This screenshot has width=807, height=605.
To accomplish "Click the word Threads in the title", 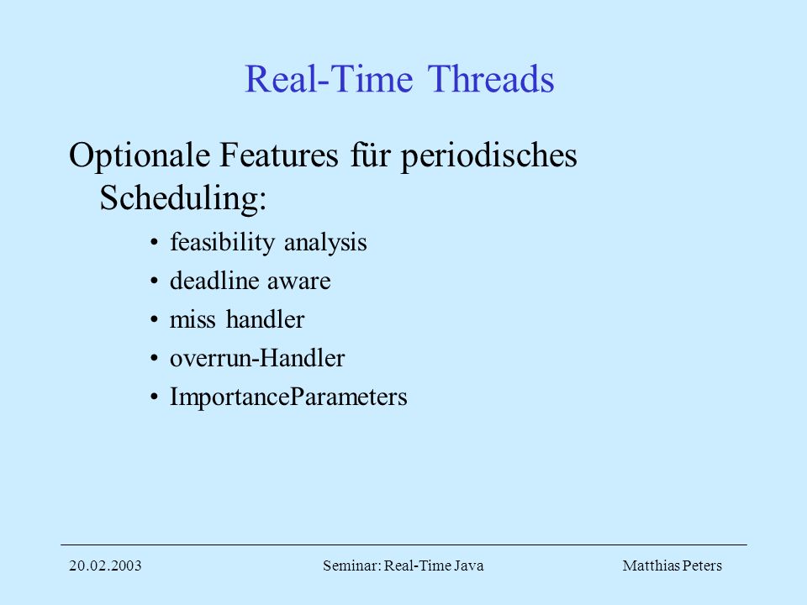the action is tap(490, 79).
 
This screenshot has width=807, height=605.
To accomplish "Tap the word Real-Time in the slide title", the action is tap(329, 79).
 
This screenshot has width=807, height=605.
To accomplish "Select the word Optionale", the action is tap(140, 155).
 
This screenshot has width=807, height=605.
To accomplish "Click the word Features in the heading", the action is tap(279, 155).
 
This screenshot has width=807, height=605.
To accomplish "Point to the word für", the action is tap(370, 155).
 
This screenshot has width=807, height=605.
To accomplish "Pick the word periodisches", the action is tap(489, 155).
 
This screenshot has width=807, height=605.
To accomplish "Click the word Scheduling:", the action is tap(182, 198).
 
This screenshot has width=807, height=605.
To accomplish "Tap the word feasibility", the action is tap(222, 242).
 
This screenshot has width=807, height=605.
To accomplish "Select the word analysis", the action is tap(325, 242).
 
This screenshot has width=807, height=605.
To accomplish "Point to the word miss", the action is tap(193, 320).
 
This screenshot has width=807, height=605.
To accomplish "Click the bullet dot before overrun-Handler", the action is tap(154, 359).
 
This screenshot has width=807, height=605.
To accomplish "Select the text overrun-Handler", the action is tap(257, 359).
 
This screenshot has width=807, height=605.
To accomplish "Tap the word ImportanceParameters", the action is tap(288, 397).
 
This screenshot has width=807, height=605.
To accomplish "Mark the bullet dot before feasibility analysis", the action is tap(154, 242).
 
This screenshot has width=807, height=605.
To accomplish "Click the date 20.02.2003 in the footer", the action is tap(105, 566).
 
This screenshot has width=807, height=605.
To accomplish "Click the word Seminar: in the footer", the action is tap(352, 566).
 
